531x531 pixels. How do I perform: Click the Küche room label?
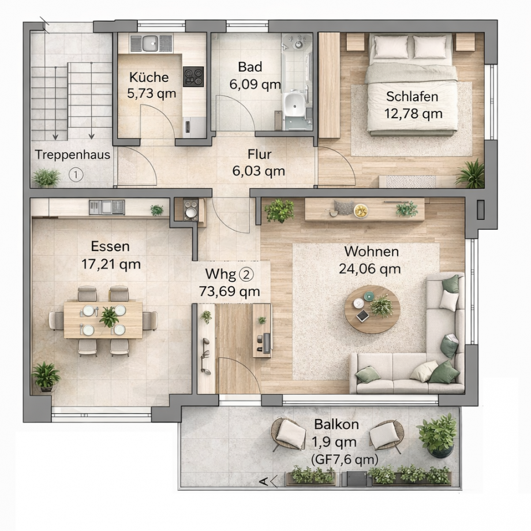[149, 77]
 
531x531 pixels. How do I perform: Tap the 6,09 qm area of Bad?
[255, 84]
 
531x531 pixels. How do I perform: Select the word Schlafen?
[412, 96]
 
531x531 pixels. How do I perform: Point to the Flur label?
[259, 154]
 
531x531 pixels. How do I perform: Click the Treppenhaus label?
[73, 155]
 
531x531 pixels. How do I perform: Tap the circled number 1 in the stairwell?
[76, 175]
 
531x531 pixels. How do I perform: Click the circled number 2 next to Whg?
[246, 274]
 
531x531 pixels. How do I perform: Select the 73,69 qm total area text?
[229, 291]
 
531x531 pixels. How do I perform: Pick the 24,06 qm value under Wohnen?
[370, 269]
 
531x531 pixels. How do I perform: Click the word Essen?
[110, 246]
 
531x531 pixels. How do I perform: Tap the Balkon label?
[336, 424]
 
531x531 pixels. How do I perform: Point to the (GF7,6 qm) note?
[345, 459]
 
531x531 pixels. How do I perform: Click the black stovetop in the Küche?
[193, 77]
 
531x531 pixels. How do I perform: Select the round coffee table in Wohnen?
[372, 309]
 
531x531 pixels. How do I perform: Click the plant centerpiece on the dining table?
[109, 317]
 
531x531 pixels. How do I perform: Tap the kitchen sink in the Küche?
[150, 43]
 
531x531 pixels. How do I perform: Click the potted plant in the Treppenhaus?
[46, 178]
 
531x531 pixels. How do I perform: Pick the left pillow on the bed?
[391, 47]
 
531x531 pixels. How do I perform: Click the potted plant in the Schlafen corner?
[472, 174]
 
